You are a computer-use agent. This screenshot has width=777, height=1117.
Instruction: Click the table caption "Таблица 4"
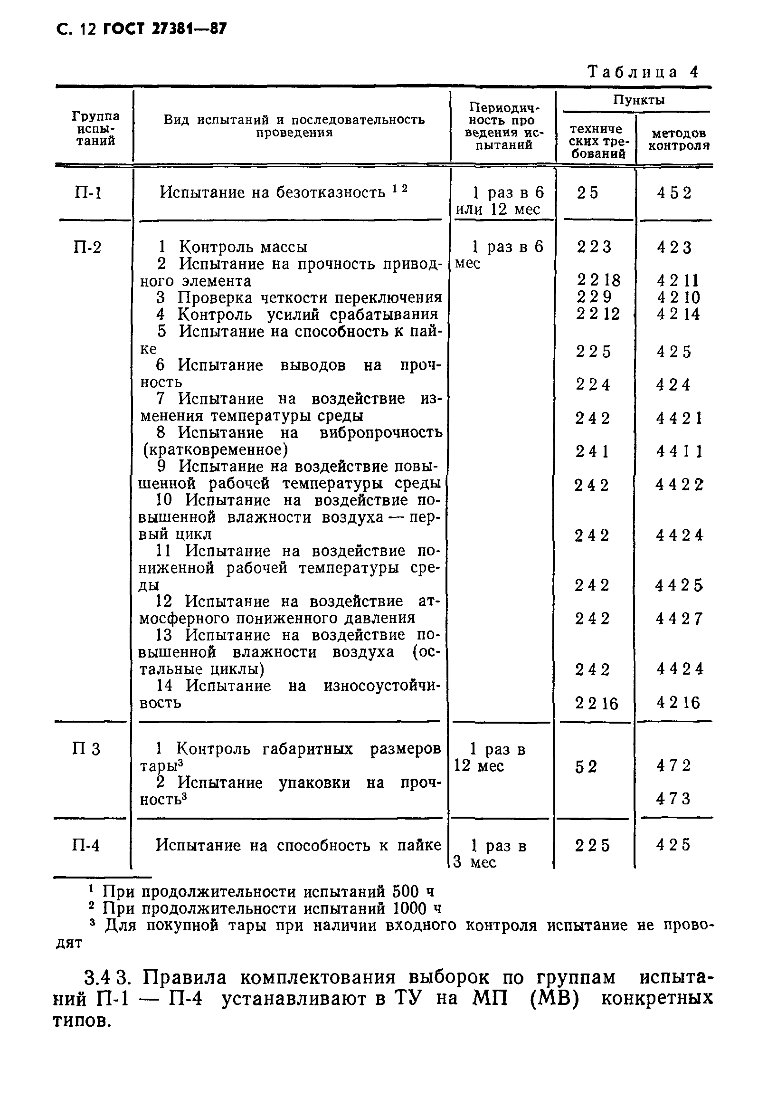pyautogui.click(x=642, y=72)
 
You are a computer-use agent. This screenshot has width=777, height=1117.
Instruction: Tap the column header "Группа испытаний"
pyautogui.click(x=95, y=128)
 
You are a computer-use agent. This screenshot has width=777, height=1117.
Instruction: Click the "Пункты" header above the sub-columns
pyautogui.click(x=638, y=100)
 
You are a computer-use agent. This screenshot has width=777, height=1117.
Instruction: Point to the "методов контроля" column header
pyautogui.click(x=678, y=139)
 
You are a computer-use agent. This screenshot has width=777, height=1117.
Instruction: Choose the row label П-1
pyautogui.click(x=88, y=193)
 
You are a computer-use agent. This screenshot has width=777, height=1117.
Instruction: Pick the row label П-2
pyautogui.click(x=87, y=248)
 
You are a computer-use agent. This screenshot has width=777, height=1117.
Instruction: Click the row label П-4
pyautogui.click(x=86, y=845)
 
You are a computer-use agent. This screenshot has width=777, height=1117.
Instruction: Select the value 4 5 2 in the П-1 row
pyautogui.click(x=674, y=193)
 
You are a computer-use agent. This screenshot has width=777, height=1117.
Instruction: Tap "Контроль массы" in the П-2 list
pyautogui.click(x=243, y=247)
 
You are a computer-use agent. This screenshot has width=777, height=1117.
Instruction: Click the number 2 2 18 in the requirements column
pyautogui.click(x=598, y=280)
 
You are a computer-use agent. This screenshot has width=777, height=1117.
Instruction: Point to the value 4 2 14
pyautogui.click(x=678, y=314)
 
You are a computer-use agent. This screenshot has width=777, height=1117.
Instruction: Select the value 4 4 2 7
pyautogui.click(x=679, y=618)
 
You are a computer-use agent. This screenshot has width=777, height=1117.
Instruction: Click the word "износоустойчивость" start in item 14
pyautogui.click(x=382, y=686)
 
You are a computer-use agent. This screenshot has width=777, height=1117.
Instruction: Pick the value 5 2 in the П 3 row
pyautogui.click(x=586, y=767)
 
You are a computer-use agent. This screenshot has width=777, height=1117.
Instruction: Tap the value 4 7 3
pyautogui.click(x=673, y=798)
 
